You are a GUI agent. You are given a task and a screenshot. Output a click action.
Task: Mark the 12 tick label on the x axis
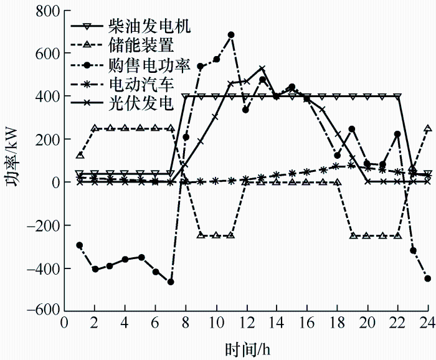click(246, 323)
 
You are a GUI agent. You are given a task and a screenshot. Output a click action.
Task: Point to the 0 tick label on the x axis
click(64, 323)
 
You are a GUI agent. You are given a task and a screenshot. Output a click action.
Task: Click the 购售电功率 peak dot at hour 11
click(231, 35)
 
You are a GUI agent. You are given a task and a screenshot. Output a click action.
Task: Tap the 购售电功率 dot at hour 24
click(428, 278)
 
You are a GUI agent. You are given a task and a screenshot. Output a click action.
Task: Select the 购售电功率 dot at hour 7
click(171, 282)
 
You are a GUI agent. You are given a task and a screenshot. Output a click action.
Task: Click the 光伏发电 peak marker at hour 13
click(262, 69)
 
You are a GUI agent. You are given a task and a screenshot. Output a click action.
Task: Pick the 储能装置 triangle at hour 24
click(428, 128)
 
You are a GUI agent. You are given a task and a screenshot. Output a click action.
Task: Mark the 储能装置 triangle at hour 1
click(80, 155)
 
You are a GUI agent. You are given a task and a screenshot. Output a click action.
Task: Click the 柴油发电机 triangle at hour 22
click(398, 97)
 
